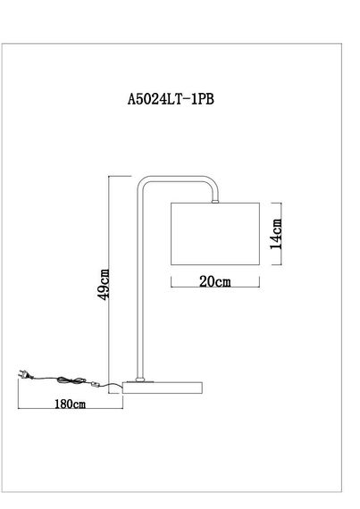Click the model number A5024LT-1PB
[171, 101]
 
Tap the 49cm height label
[104, 284]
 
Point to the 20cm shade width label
[213, 282]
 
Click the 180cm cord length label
[69, 405]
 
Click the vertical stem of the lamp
[138, 286]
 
